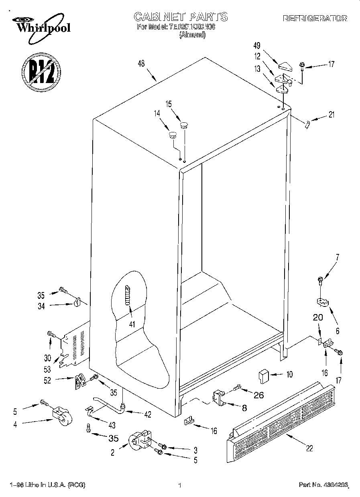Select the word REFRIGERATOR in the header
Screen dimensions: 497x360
click(315, 18)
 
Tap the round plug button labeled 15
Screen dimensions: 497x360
click(184, 125)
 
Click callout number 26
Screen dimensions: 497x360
click(259, 395)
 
